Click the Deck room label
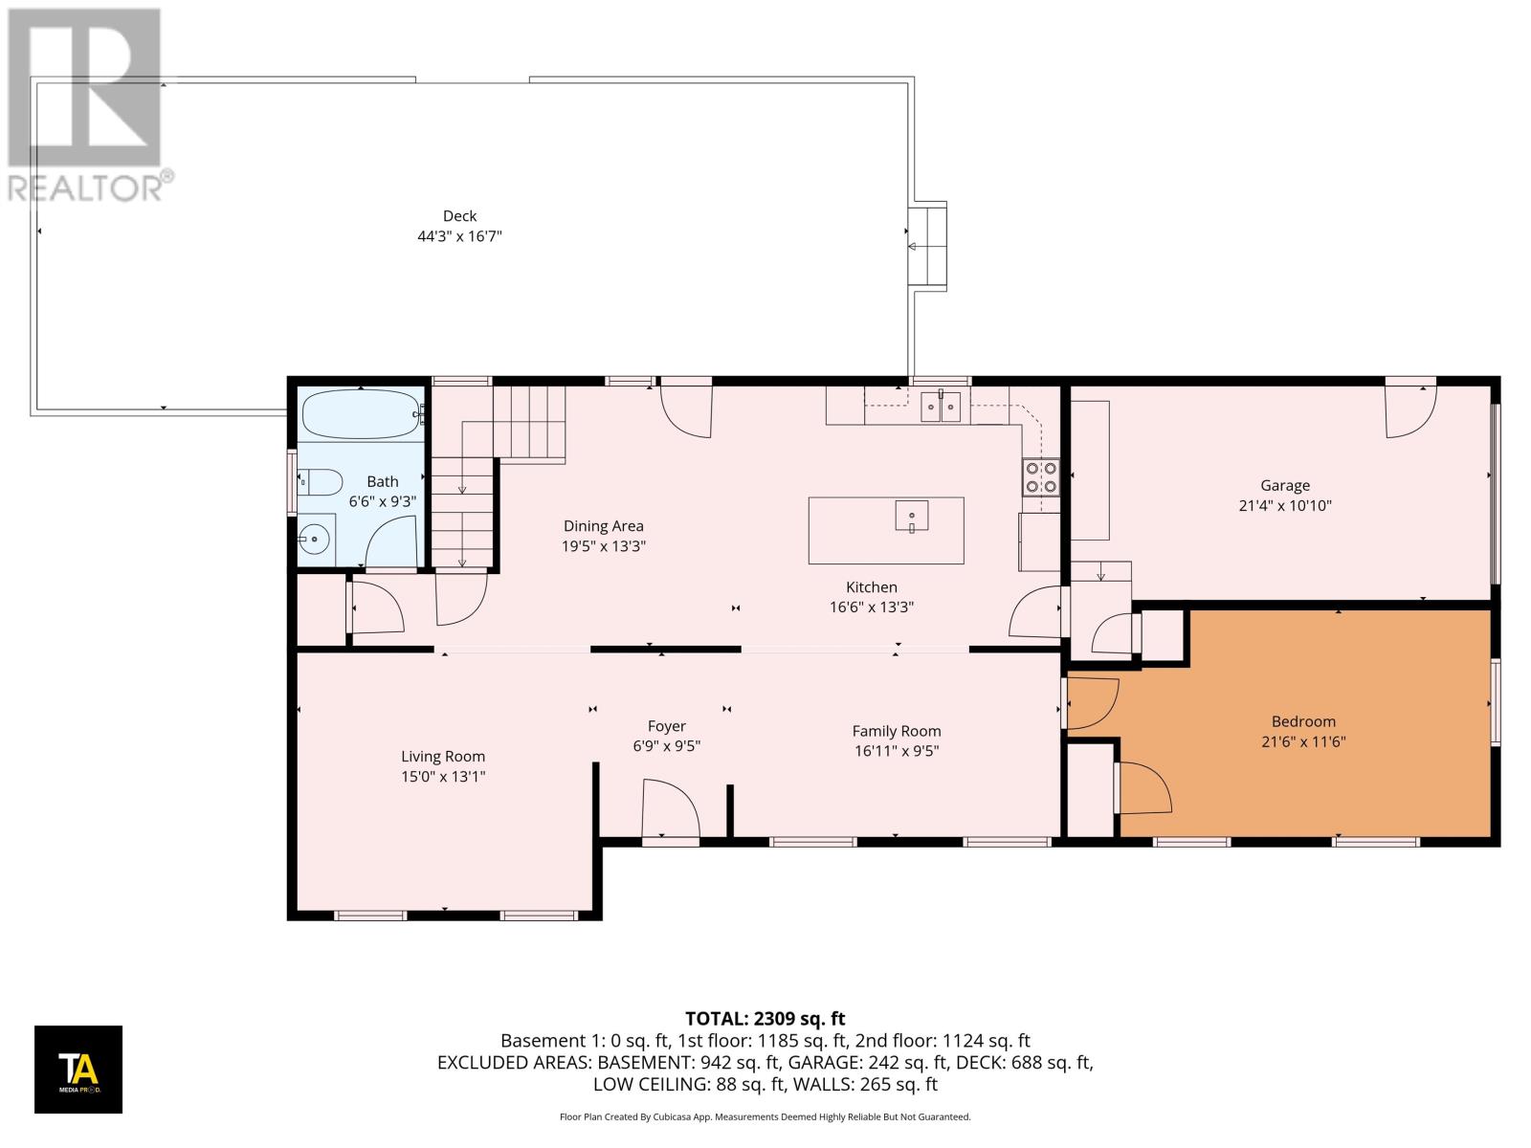[459, 216]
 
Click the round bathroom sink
[315, 540]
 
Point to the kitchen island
[885, 530]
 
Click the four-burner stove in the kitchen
[1041, 476]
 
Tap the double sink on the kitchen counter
[941, 407]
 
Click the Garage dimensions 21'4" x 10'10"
[1284, 505]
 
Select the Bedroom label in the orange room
[1303, 721]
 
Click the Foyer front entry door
[670, 809]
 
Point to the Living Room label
[443, 756]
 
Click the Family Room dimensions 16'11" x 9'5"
[896, 751]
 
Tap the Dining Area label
[603, 525]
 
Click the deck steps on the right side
[927, 246]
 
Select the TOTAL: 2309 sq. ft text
[765, 1018]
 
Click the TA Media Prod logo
[78, 1069]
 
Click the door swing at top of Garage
[1410, 409]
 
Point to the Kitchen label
[871, 586]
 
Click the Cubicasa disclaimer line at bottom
[765, 1116]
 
